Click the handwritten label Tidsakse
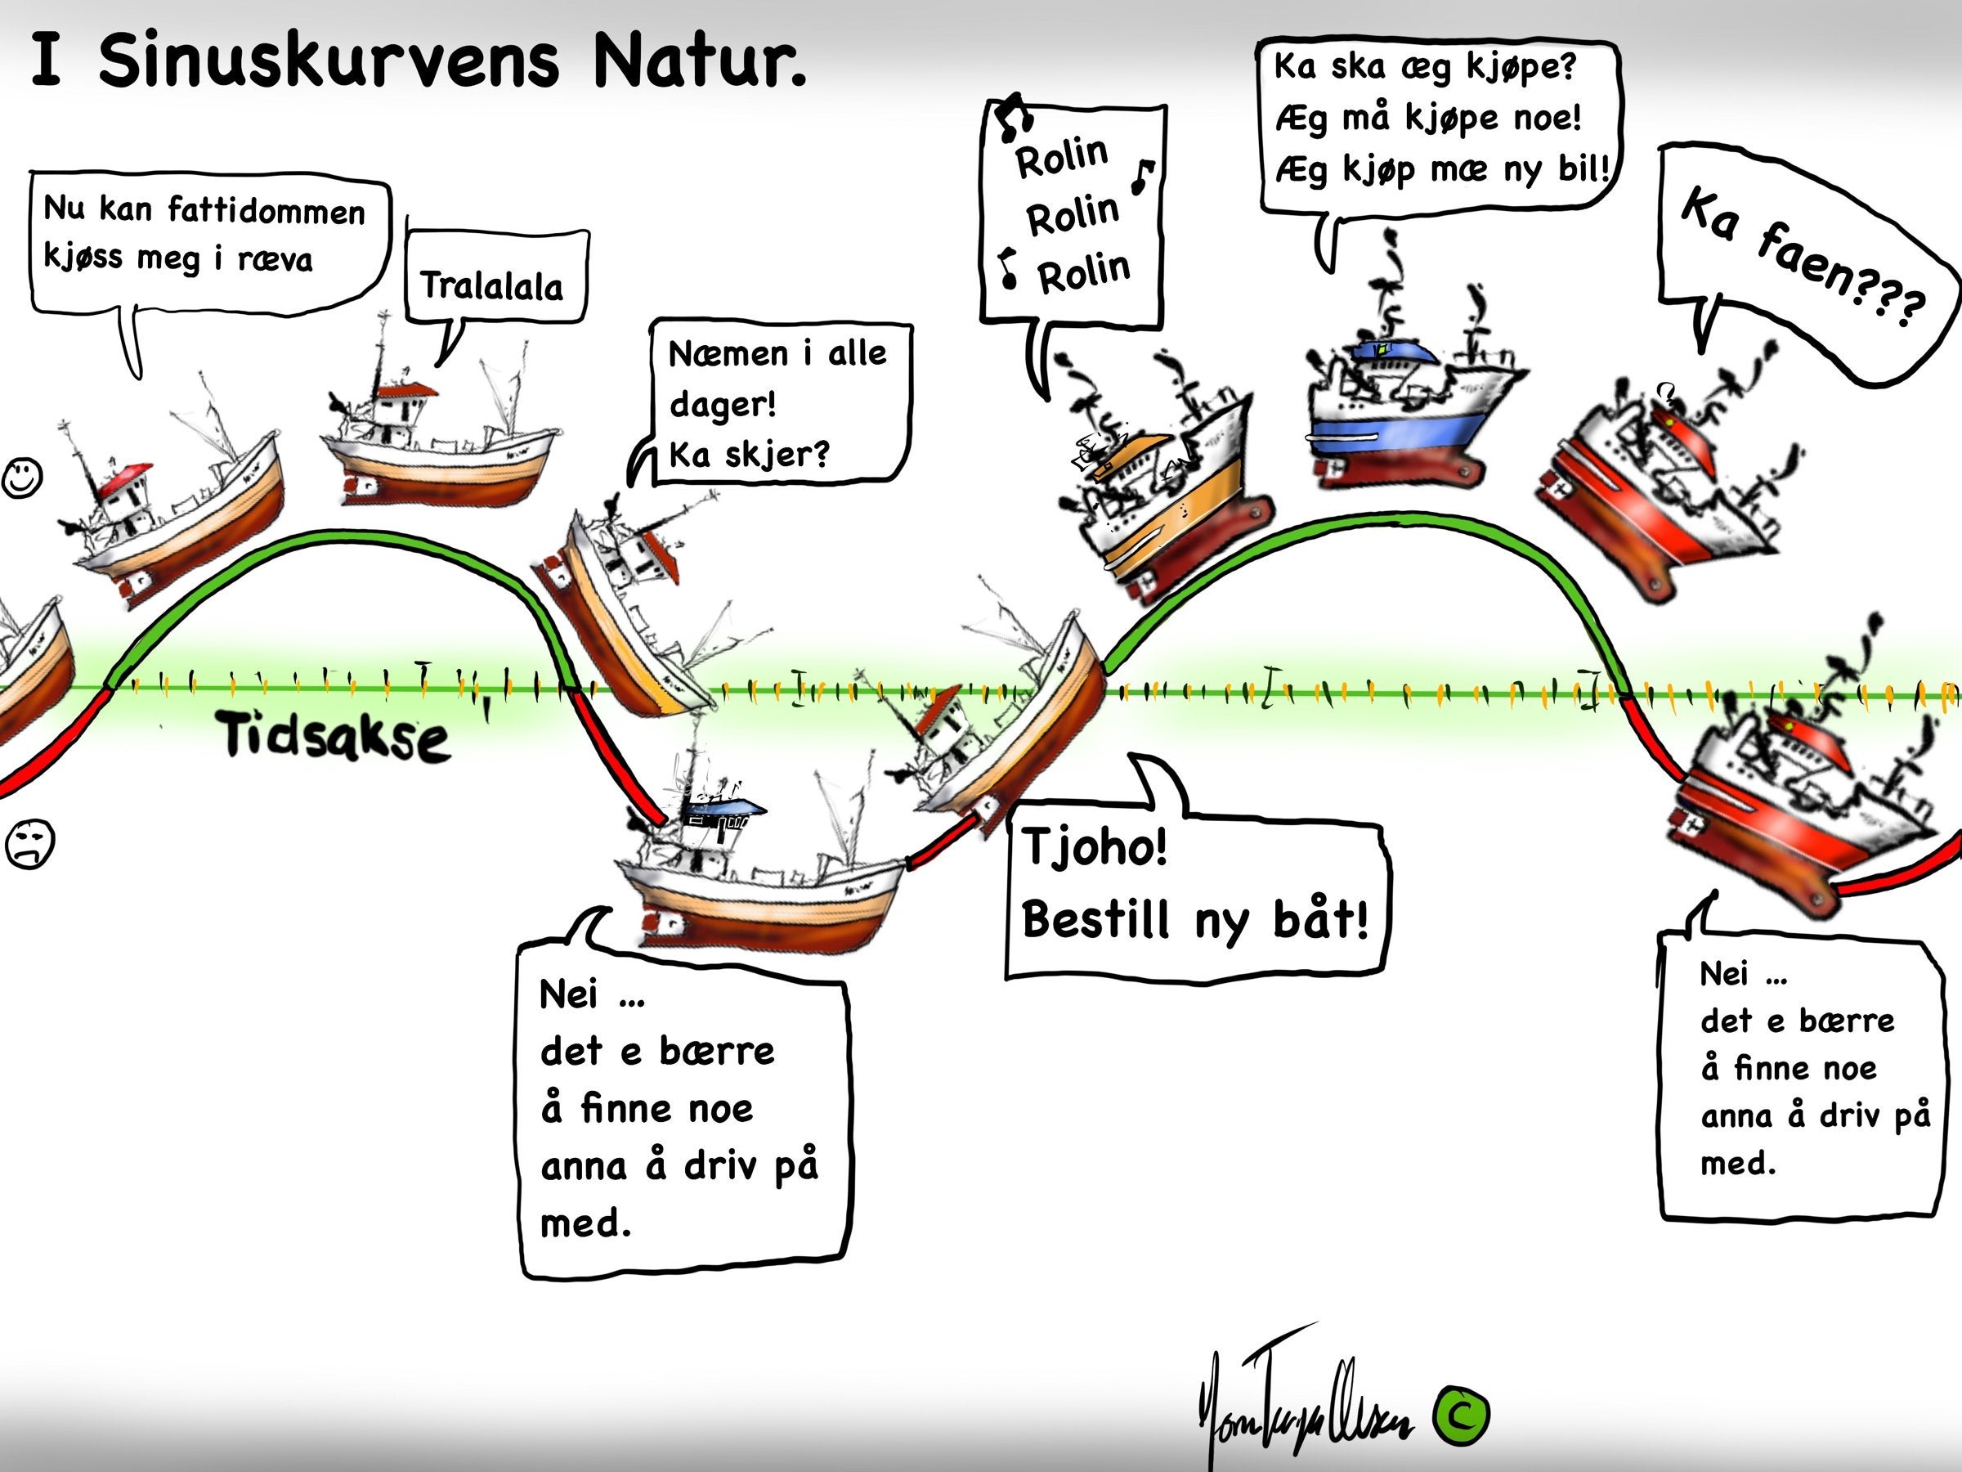coord(335,737)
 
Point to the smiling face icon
coord(22,478)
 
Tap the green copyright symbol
coord(1462,1413)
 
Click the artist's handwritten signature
coord(1304,1411)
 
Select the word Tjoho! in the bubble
coord(1095,847)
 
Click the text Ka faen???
coord(1801,258)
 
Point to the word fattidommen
coord(266,211)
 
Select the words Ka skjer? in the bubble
coord(749,455)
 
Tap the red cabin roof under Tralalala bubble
coord(406,389)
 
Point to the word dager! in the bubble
coord(722,405)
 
